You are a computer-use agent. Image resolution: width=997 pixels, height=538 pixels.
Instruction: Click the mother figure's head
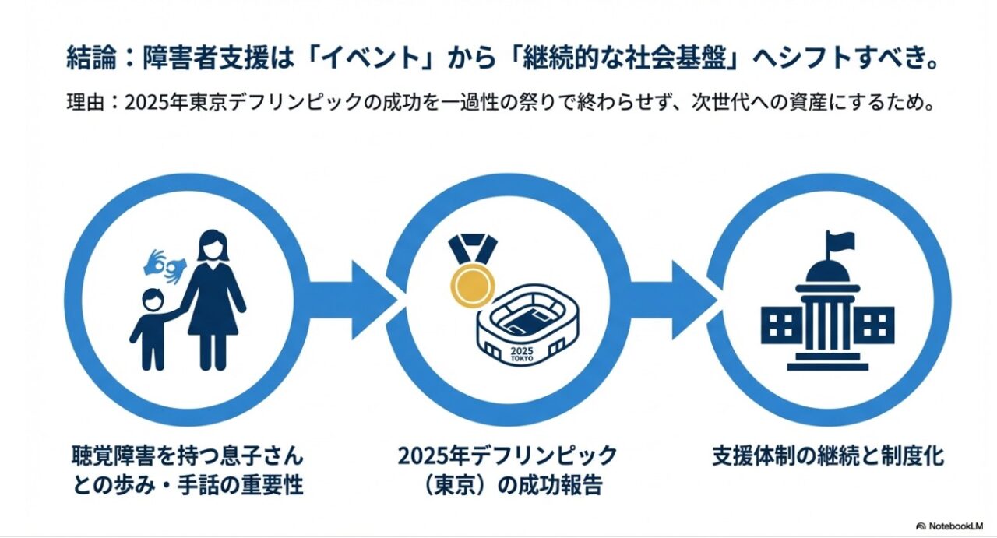pos(210,246)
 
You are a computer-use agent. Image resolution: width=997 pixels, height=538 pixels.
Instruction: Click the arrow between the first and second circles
pos(352,300)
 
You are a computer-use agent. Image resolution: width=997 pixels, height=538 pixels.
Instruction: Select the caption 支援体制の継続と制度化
pos(827,455)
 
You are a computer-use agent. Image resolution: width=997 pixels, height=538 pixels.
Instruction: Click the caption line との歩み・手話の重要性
pos(187,485)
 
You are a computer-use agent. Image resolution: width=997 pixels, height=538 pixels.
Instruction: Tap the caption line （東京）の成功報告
pos(508,485)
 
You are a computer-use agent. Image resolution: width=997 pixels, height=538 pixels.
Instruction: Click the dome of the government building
pos(827,271)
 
